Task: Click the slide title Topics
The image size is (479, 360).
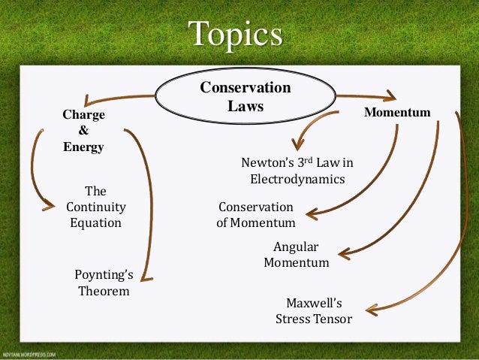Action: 236,35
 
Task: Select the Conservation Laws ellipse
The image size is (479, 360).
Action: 245,98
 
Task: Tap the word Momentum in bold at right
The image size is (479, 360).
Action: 397,113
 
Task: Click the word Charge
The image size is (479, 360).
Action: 83,115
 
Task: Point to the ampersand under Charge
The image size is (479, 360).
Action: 83,131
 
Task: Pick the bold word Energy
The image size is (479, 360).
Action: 83,147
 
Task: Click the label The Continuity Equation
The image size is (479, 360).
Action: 96,207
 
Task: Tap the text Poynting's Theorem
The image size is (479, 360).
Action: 104,282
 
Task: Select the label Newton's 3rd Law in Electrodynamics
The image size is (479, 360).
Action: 297,171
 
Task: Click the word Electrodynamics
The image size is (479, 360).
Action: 297,180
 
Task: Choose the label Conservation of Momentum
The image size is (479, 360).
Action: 255,215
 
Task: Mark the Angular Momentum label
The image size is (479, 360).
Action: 296,255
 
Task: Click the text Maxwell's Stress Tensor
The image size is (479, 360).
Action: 314,310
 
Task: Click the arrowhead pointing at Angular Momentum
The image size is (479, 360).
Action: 344,255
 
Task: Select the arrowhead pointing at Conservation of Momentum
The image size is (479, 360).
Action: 311,214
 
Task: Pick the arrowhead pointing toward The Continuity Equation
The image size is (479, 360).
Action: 50,204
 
